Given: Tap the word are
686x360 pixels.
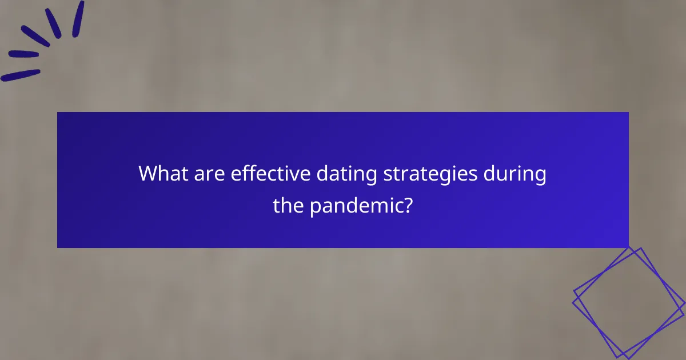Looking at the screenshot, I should tap(210, 173).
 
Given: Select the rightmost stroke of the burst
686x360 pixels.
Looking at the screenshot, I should tap(78, 19).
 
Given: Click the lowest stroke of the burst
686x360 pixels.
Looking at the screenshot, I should tap(21, 75).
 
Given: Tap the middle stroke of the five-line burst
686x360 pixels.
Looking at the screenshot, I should tap(35, 35).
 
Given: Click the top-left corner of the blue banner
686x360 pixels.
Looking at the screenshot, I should tap(58, 113).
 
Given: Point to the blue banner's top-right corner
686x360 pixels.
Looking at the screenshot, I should tap(628, 113).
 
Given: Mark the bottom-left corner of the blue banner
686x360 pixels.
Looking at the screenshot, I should tap(58, 247).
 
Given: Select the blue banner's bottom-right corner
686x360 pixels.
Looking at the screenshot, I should tap(628, 247).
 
